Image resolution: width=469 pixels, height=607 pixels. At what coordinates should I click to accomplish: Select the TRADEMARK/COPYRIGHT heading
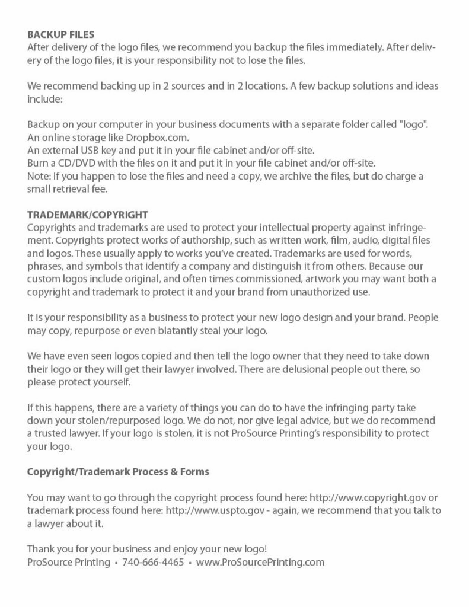pos(87,214)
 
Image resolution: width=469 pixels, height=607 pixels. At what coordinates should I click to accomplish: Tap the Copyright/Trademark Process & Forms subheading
pos(118,472)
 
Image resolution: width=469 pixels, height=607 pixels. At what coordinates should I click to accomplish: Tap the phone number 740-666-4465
pos(153,562)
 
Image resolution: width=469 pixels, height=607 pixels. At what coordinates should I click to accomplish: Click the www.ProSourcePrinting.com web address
pos(260,562)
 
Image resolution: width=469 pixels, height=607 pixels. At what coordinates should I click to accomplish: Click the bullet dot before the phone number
pos(116,563)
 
